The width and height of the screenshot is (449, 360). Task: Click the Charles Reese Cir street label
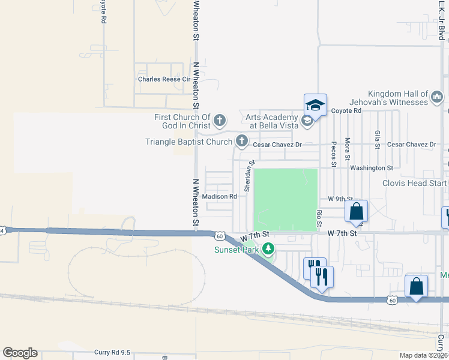click(x=164, y=79)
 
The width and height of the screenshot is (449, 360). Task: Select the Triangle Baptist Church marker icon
click(x=241, y=142)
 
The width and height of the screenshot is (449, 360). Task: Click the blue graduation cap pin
click(x=315, y=106)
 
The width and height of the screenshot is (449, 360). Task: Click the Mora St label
click(x=348, y=148)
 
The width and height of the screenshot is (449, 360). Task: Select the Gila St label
click(x=377, y=139)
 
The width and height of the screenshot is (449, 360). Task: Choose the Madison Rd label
click(x=219, y=196)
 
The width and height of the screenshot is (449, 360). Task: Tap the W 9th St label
click(x=339, y=199)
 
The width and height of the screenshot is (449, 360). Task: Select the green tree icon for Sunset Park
click(x=269, y=248)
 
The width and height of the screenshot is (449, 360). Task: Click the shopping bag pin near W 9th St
click(x=356, y=211)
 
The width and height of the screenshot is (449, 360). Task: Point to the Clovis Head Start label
click(x=415, y=184)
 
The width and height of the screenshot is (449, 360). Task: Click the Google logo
click(x=20, y=353)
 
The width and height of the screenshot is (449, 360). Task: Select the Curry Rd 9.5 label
click(x=112, y=353)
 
